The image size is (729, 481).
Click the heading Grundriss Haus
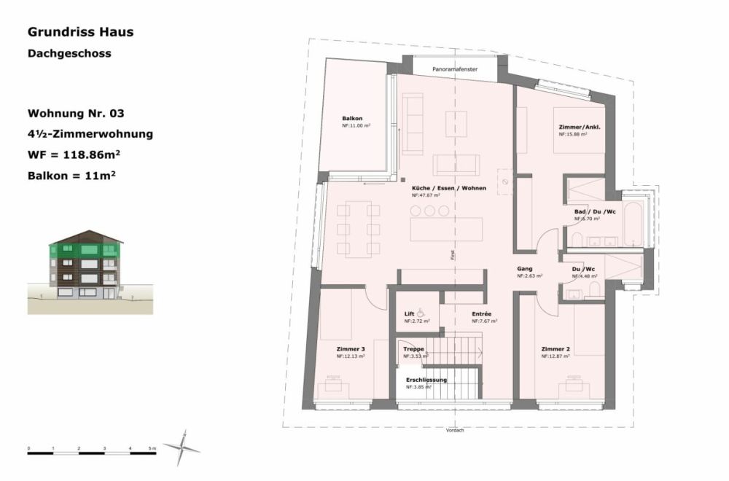pyautogui.click(x=80, y=32)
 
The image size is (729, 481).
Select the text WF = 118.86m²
pyautogui.click(x=74, y=155)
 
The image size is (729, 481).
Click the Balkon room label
pyautogui.click(x=352, y=119)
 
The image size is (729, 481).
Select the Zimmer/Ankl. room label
pyautogui.click(x=578, y=127)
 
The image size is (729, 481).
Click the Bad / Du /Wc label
pyautogui.click(x=594, y=211)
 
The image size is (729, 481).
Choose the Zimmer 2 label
pyautogui.click(x=555, y=349)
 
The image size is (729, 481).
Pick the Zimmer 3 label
pyautogui.click(x=351, y=349)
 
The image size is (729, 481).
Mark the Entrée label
pyautogui.click(x=481, y=314)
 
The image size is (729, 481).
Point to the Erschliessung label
pyautogui.click(x=426, y=380)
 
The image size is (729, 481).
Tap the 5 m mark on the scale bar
pyautogui.click(x=151, y=447)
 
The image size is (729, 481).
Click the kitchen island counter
pyautogui.click(x=446, y=229)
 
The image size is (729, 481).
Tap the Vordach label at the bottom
pyautogui.click(x=455, y=431)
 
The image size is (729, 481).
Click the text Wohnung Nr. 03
pyautogui.click(x=75, y=114)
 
